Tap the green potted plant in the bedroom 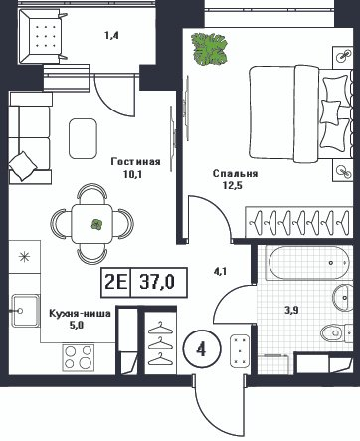click(211, 50)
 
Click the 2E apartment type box click(116, 284)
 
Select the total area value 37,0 click(156, 284)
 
